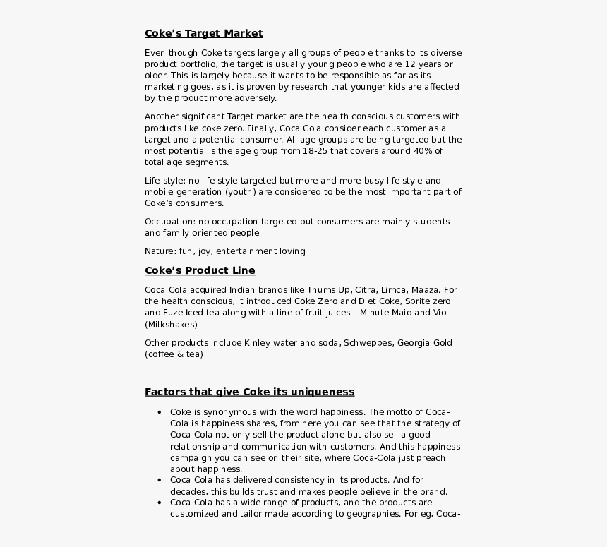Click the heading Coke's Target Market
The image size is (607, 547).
(203, 33)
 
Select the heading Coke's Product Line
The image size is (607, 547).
(200, 270)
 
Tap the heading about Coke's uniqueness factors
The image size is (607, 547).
(249, 392)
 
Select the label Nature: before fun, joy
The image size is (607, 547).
(160, 251)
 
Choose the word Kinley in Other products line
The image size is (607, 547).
(257, 343)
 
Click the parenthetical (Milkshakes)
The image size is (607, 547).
(171, 325)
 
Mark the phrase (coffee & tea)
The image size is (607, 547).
(174, 354)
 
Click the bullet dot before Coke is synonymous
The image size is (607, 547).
(160, 412)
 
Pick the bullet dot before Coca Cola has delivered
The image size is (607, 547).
(160, 480)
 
